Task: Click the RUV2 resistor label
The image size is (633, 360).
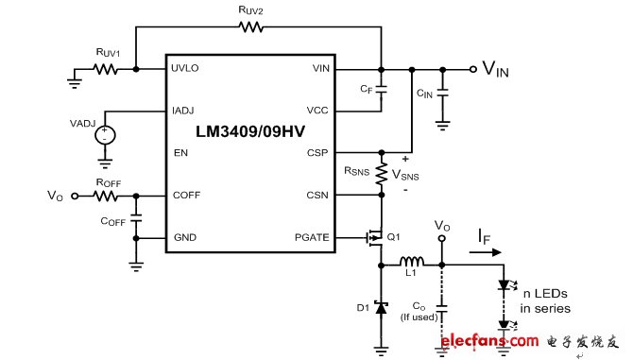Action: [250, 11]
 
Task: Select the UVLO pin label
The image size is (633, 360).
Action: [186, 69]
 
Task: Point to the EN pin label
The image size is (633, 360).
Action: [179, 152]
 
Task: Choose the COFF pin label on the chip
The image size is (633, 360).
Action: [185, 195]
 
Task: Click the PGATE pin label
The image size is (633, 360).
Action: [310, 237]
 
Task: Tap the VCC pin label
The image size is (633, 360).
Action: [317, 111]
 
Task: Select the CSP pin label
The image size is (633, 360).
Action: [317, 152]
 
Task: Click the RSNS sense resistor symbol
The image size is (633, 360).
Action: [382, 173]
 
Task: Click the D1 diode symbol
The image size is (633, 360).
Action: [382, 307]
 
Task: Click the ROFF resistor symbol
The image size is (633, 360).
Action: [105, 196]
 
